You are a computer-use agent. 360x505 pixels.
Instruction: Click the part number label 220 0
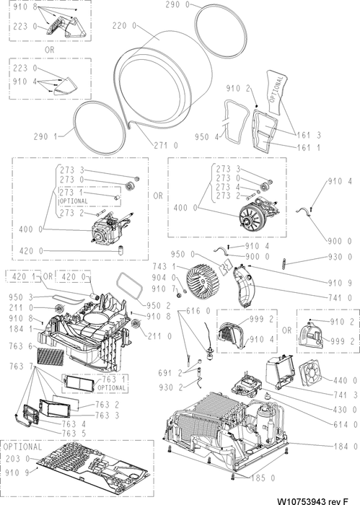[x=124, y=26]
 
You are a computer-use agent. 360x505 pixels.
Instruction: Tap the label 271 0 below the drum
[x=165, y=146]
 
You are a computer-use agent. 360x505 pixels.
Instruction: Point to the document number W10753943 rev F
[x=313, y=501]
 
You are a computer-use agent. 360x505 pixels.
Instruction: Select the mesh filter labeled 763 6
[x=51, y=356]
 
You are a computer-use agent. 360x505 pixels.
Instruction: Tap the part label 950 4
[x=206, y=137]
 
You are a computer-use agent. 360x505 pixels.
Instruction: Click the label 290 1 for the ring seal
[x=45, y=136]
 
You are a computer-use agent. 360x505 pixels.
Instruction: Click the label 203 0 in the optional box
[x=18, y=459]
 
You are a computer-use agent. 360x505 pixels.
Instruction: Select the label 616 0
[x=198, y=311]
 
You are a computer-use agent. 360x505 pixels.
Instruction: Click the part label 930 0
[x=340, y=257]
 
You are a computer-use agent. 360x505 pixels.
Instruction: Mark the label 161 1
[x=309, y=147]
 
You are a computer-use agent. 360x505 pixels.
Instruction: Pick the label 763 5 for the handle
[x=74, y=434]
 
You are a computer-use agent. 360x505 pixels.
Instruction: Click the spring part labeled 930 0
[x=284, y=263]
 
